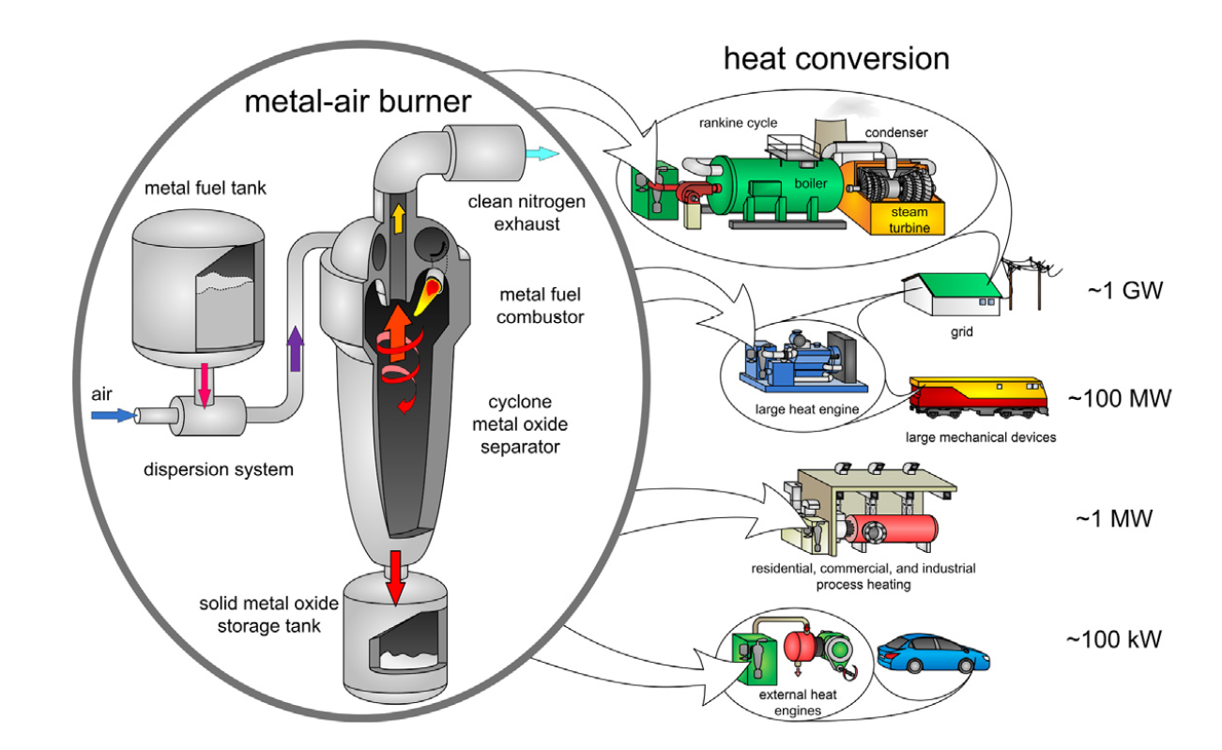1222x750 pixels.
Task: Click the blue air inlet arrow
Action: (115, 415)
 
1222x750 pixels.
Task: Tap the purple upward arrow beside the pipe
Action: (297, 348)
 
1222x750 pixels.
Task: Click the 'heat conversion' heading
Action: (836, 58)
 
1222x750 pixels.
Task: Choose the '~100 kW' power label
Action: (1113, 639)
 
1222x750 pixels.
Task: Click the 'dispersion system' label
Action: (219, 468)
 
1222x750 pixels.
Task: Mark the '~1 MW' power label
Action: (1113, 518)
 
